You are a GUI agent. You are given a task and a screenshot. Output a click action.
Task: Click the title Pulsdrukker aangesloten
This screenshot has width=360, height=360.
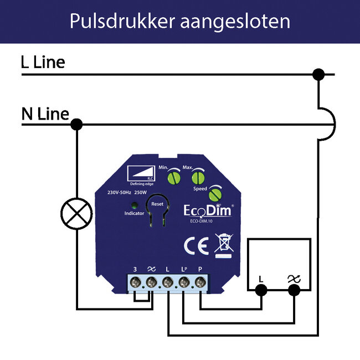[180, 21]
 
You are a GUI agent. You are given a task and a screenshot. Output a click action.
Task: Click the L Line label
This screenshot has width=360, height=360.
[43, 62]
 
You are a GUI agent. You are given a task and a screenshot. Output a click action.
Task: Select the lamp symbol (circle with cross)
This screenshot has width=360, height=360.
[76, 212]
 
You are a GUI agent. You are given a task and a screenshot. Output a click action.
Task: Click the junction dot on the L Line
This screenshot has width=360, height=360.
[318, 74]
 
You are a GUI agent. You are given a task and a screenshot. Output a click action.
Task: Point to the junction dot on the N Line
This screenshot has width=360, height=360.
[77, 125]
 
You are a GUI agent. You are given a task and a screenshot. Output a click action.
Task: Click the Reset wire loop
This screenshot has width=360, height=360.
[156, 213]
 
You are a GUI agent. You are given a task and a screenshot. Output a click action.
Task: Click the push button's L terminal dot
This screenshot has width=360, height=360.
[261, 289]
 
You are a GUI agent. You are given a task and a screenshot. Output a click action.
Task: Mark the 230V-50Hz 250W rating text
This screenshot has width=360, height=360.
[127, 193]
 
